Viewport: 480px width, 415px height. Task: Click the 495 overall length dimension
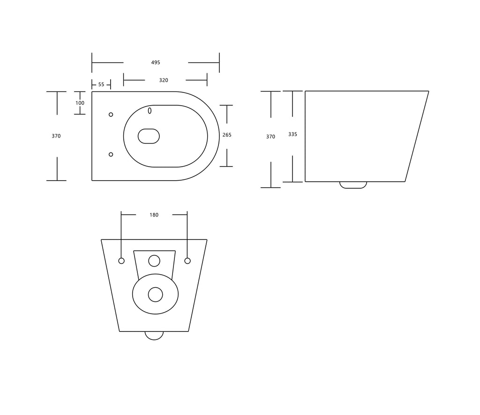pos(156,62)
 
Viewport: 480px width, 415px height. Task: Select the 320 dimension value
pos(164,80)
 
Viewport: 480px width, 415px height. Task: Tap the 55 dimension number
pos(101,85)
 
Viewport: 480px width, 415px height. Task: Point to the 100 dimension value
pos(80,103)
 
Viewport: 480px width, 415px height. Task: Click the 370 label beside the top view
pos(56,136)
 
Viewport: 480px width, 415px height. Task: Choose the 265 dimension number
pos(227,135)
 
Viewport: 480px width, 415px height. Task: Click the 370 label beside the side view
pos(270,137)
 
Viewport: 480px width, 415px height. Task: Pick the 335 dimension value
pos(292,134)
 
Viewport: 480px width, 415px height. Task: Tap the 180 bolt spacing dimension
pos(154,215)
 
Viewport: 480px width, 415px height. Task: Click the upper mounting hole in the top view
pos(111,115)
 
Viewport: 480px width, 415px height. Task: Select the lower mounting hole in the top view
pos(111,154)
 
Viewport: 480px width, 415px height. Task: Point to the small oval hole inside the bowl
pos(150,111)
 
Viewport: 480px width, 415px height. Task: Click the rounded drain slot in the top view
pos(149,136)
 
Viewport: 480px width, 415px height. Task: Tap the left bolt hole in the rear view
pos(121,261)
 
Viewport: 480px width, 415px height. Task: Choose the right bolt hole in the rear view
pos(187,261)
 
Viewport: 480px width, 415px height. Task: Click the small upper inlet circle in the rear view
pos(154,260)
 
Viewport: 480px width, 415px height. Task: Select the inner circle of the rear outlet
pos(155,295)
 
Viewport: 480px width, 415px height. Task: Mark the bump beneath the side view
pos(353,185)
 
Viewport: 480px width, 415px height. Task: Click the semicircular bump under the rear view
pos(154,335)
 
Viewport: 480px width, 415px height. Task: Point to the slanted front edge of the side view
pos(417,136)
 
